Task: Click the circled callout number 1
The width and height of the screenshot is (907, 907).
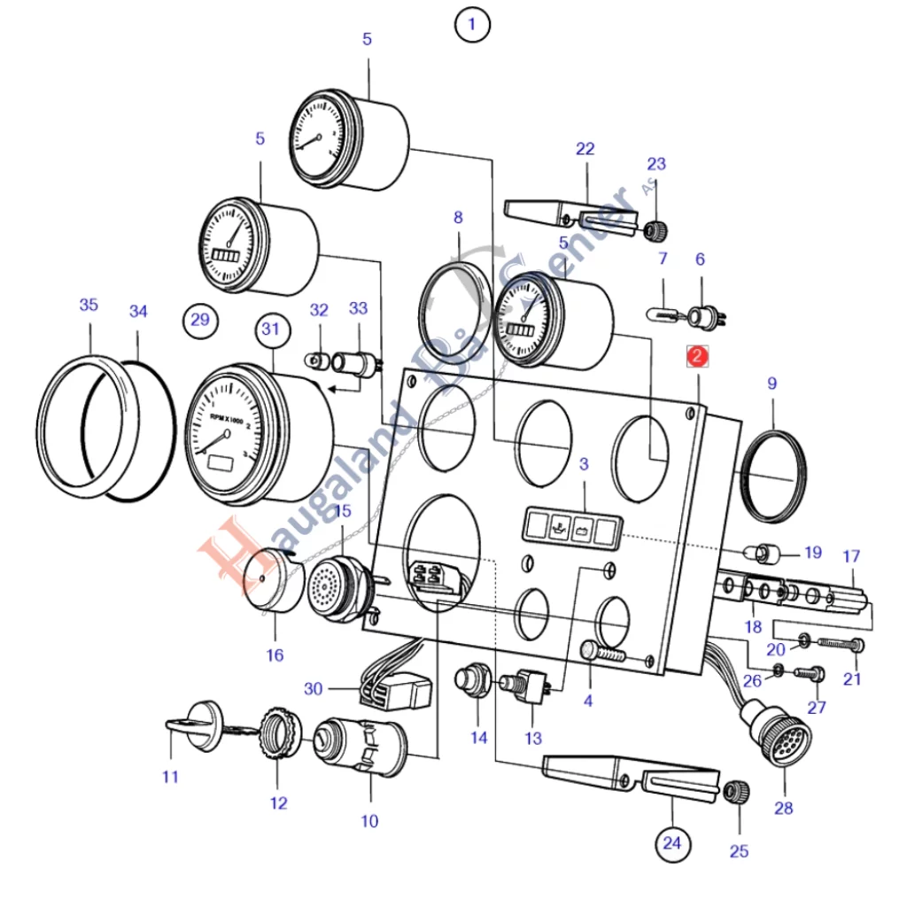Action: (471, 25)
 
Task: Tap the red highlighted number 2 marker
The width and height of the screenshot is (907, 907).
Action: (698, 357)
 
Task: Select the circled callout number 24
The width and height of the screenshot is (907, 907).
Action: (672, 842)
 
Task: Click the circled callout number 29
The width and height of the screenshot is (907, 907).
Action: (200, 319)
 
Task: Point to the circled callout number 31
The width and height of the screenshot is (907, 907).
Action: (273, 329)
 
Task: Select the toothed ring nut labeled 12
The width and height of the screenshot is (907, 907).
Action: (275, 731)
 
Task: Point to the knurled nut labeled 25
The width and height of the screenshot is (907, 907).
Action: (738, 791)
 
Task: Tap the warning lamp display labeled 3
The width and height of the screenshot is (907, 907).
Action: (569, 527)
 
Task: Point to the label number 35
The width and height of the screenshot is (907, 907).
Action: (89, 306)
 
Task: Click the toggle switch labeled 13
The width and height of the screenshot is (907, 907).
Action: (529, 687)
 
